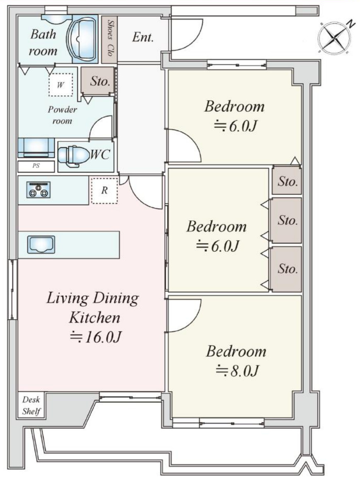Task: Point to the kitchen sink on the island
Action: (x=41, y=244)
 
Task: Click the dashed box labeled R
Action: (x=104, y=190)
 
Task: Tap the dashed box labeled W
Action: (x=60, y=85)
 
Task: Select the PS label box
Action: (x=36, y=166)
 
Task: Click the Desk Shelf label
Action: (x=31, y=405)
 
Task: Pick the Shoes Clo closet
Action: (x=109, y=40)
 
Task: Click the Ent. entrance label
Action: (x=143, y=37)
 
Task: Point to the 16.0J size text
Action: (x=96, y=337)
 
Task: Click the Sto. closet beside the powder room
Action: (x=99, y=81)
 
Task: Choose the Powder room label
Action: (x=62, y=115)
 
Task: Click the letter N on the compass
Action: (x=352, y=23)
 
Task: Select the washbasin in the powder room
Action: (x=36, y=147)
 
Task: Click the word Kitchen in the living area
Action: (x=94, y=318)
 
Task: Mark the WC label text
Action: (x=100, y=154)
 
